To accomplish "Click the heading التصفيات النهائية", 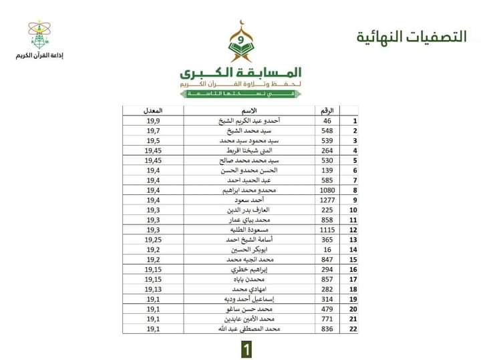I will coord(411,36).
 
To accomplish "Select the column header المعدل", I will coord(154,110).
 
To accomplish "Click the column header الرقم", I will coord(327,110).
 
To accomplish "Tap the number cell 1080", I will coord(327,190).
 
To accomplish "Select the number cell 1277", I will coord(327,200).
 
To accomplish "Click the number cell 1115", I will coord(327,230).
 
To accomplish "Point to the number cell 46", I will coord(327,121).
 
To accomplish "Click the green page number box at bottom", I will coord(247,348).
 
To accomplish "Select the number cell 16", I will coord(327,250).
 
